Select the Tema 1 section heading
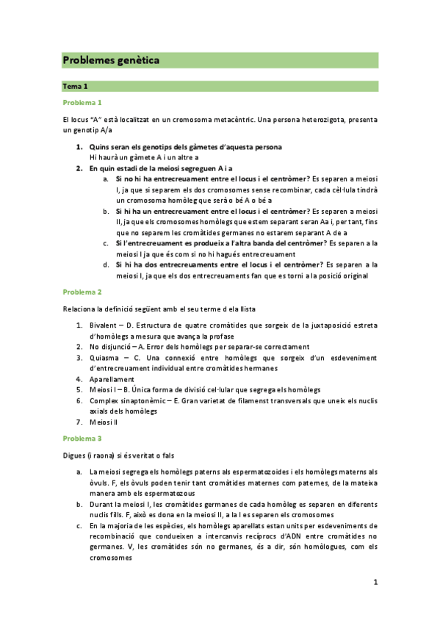coord(76,86)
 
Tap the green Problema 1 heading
coord(82,102)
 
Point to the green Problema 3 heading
coord(82,438)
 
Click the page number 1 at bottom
coord(375,583)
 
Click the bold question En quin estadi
coord(150,168)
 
